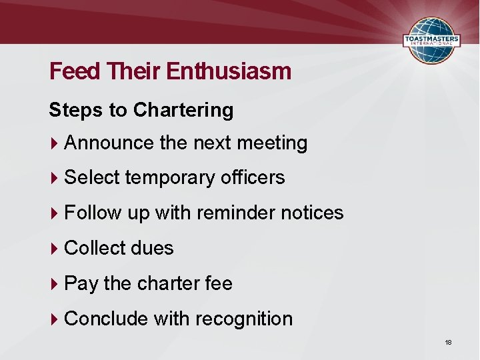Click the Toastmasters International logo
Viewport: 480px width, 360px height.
432,41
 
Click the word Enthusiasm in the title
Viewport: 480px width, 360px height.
229,71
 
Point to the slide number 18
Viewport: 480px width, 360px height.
448,342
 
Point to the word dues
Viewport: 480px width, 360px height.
153,249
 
